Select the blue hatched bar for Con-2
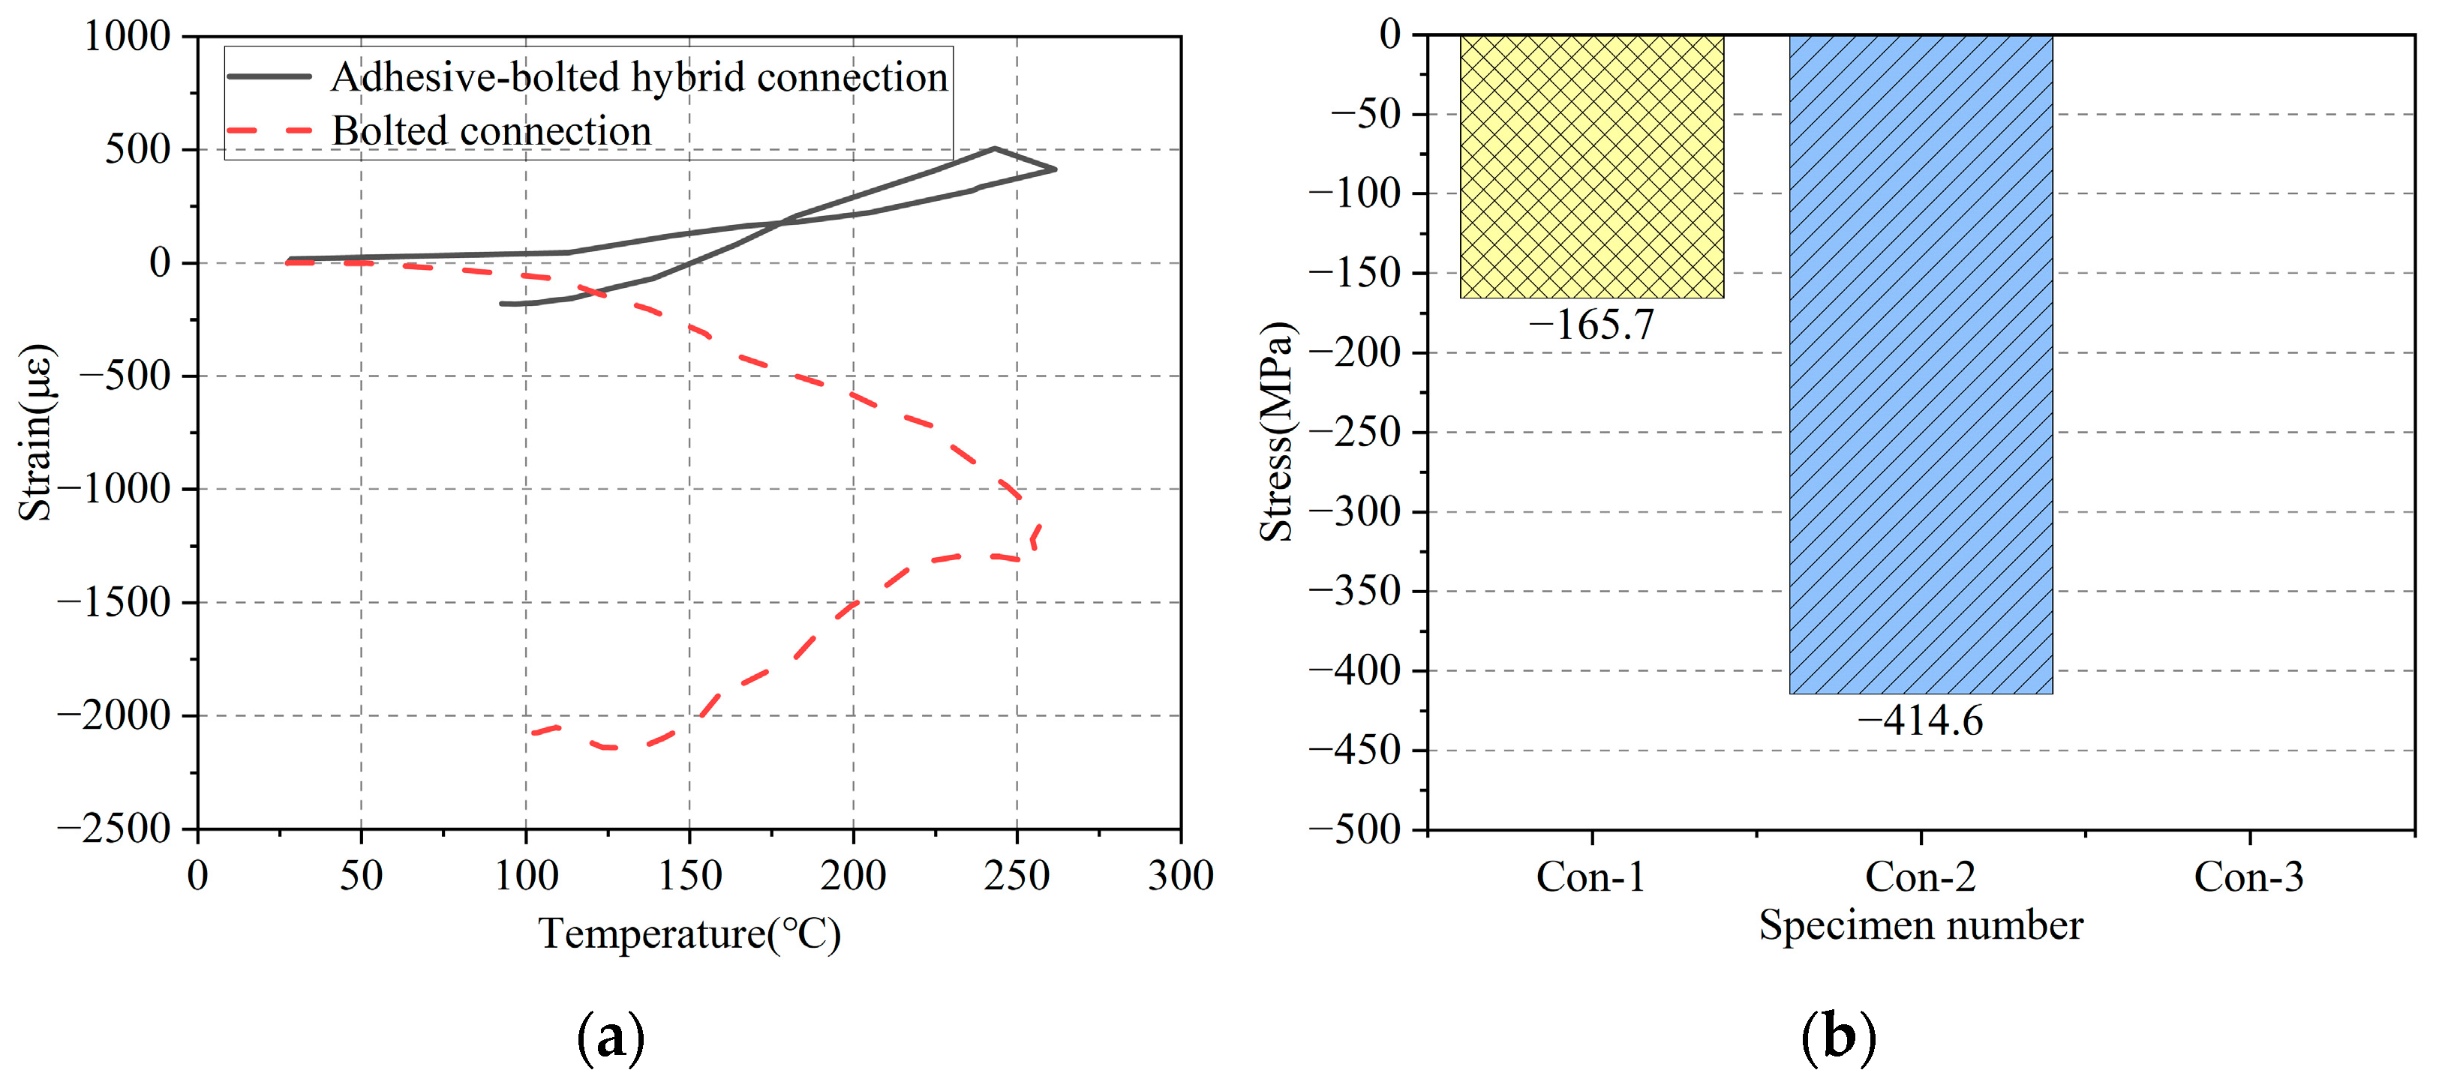pos(1920,365)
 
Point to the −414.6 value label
pos(1920,721)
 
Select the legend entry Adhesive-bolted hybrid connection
pos(638,76)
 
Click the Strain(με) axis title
pos(36,432)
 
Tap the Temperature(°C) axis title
pos(689,934)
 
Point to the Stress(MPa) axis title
pos(1276,432)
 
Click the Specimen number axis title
pos(1920,925)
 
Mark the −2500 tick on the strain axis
pos(114,829)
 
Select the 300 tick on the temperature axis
pos(1180,876)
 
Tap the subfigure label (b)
pos(1837,1038)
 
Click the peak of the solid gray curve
pos(993,148)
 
